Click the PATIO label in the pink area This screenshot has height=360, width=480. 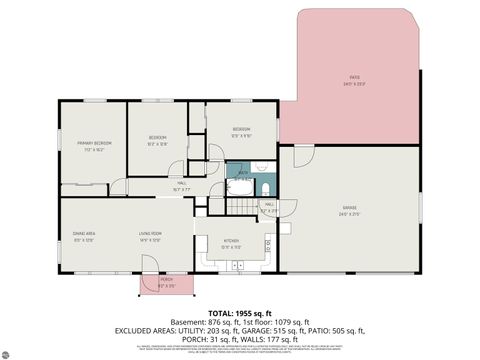(x=354, y=77)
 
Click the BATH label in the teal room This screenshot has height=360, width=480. (x=243, y=174)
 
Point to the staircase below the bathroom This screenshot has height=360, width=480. (x=241, y=207)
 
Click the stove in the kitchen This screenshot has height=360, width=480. (x=267, y=243)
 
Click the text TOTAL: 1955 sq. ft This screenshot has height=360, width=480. (x=239, y=313)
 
